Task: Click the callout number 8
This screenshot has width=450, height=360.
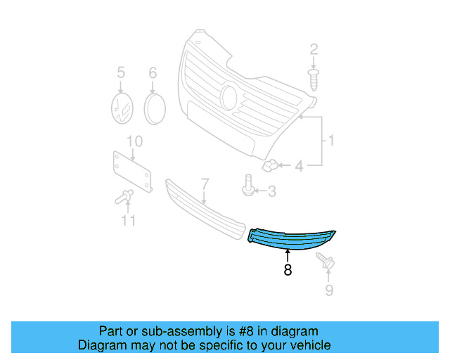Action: point(288,269)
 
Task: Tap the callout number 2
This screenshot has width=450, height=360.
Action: point(314,49)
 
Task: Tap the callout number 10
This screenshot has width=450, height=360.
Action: point(134,141)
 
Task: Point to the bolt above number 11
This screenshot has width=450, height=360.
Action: point(124,197)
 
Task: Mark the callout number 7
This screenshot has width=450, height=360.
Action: point(205,184)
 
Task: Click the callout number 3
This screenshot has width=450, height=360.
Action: point(271,191)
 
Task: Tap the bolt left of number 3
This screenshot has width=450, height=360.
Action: point(250,188)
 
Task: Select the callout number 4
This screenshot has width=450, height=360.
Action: point(299,167)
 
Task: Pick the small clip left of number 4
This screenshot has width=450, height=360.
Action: point(270,167)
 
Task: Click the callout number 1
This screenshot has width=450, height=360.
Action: point(330,141)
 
